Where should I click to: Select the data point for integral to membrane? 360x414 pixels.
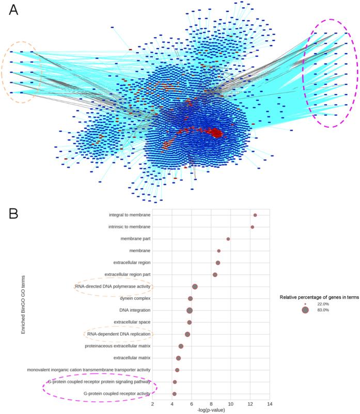255,215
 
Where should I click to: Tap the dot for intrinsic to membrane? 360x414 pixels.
253,227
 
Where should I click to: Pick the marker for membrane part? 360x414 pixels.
228,239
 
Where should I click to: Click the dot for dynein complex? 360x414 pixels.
191,298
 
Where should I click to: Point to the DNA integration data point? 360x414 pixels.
190,310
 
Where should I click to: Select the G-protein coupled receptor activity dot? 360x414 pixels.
175,394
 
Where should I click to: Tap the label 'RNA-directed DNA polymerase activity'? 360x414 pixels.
113,286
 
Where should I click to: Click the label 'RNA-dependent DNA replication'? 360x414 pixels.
118,334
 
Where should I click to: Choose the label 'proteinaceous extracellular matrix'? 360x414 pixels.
118,346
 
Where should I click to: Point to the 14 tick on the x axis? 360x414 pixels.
270,403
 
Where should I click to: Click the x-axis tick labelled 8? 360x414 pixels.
211,403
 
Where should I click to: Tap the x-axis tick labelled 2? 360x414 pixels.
152,403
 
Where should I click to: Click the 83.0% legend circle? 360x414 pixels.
305,310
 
